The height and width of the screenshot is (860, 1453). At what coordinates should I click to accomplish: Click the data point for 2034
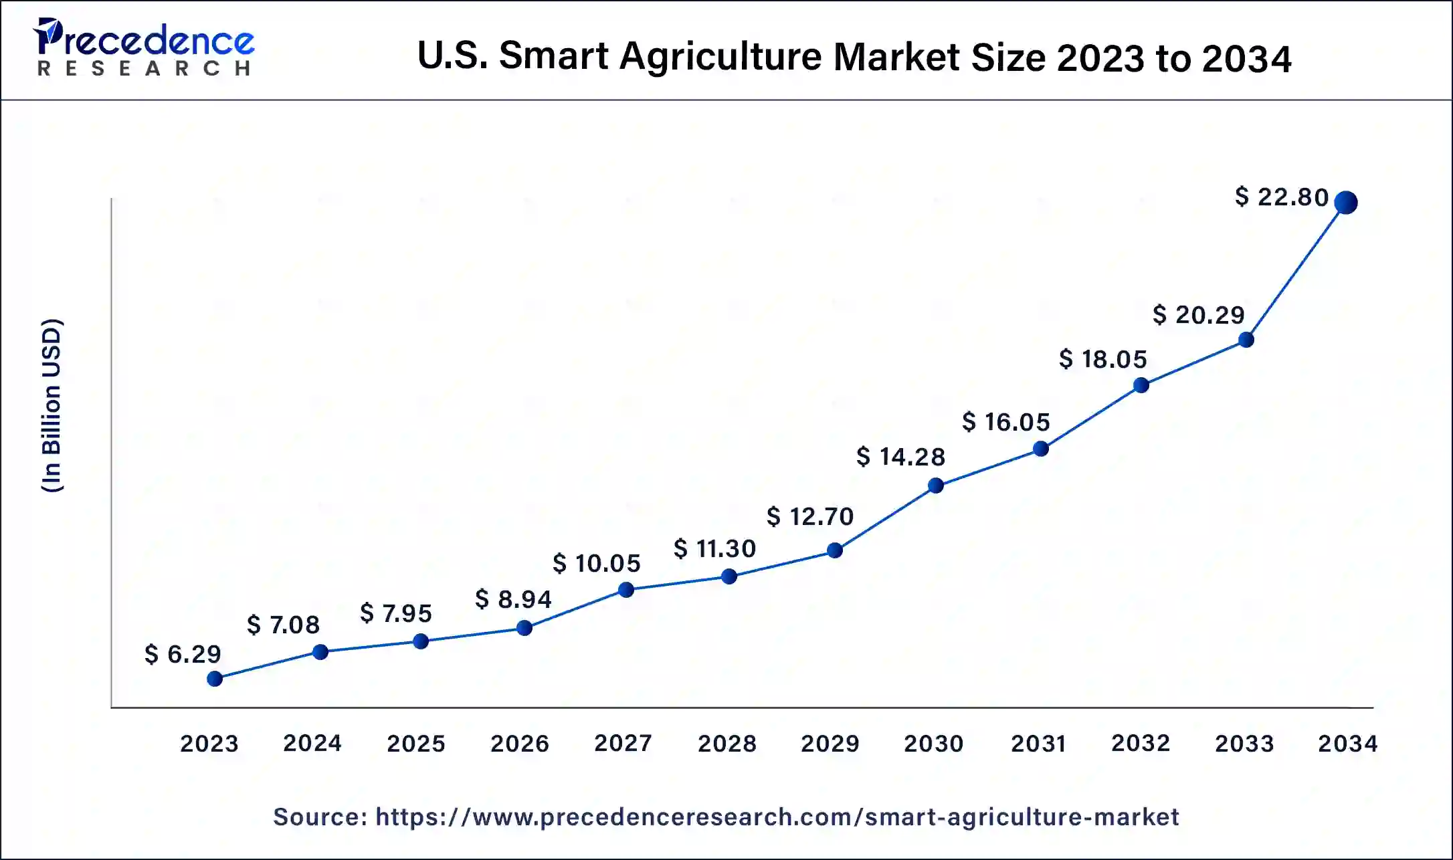pyautogui.click(x=1345, y=202)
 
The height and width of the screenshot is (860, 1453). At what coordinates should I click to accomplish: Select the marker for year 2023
pyautogui.click(x=215, y=679)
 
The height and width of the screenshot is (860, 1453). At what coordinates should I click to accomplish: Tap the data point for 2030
pyautogui.click(x=936, y=486)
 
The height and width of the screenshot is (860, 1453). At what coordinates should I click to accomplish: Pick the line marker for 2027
pyautogui.click(x=626, y=590)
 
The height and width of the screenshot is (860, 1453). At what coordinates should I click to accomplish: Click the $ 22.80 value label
pyautogui.click(x=1281, y=197)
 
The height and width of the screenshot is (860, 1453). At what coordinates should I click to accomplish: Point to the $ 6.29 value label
pyautogui.click(x=183, y=654)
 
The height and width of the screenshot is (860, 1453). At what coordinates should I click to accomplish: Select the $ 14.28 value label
pyautogui.click(x=900, y=457)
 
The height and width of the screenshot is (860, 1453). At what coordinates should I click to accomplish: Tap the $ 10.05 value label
pyautogui.click(x=596, y=563)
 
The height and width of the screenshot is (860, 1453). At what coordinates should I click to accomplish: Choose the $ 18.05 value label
pyautogui.click(x=1102, y=359)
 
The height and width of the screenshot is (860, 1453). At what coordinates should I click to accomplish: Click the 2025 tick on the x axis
pyautogui.click(x=415, y=743)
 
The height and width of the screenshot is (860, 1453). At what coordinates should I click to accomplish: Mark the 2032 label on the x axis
pyautogui.click(x=1140, y=743)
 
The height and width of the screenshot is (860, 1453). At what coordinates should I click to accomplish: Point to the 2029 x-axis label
pyautogui.click(x=830, y=743)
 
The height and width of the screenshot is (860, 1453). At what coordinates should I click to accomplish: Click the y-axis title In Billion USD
pyautogui.click(x=52, y=405)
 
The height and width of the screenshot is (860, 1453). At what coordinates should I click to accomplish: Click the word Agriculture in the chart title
pyautogui.click(x=720, y=56)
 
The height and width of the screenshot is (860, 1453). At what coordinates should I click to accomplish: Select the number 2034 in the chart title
pyautogui.click(x=1246, y=58)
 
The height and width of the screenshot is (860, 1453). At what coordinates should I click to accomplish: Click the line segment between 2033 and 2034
pyautogui.click(x=1296, y=271)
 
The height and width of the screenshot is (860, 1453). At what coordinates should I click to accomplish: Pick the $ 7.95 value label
pyautogui.click(x=396, y=613)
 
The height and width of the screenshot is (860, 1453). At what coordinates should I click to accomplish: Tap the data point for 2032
pyautogui.click(x=1141, y=385)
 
